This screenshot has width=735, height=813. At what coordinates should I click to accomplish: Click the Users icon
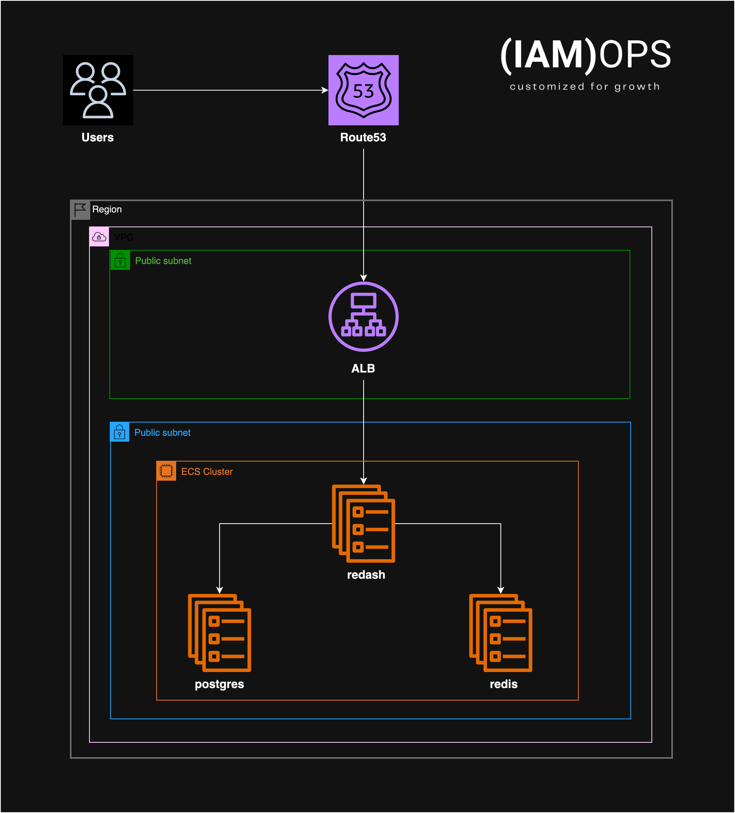pos(98,90)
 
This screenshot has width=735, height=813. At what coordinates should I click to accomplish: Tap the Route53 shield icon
pos(363,90)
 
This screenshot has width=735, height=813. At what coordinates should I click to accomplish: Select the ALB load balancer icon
pos(363,317)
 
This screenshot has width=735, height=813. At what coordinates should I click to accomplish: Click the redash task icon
pos(363,523)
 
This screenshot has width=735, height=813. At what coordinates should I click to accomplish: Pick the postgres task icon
pos(219,633)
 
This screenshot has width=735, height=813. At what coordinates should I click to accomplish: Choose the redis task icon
pos(500,633)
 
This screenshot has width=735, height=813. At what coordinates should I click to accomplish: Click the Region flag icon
pos(80,210)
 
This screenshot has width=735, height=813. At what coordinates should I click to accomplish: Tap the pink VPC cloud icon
pos(99,237)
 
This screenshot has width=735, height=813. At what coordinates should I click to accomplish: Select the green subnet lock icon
pos(120,260)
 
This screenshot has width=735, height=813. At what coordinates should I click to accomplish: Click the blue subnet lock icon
pos(120,432)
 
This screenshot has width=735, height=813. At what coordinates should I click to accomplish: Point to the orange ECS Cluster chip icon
pos(166,471)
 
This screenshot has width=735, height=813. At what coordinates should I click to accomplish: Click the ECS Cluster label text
pos(207,471)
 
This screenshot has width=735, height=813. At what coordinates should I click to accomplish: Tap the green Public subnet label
pos(163,260)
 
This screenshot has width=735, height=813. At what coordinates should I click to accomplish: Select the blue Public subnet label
pos(162,432)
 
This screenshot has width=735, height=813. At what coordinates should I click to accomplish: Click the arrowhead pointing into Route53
pos(325,90)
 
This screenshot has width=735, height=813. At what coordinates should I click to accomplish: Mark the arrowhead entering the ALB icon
pos(363,278)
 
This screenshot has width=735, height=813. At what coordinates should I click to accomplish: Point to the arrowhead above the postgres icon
pos(219,590)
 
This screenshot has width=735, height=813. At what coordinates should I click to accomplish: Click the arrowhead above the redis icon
pos(500,590)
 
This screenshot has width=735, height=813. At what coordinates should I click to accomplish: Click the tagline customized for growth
pos(585,86)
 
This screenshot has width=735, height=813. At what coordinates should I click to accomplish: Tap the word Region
pos(107,209)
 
